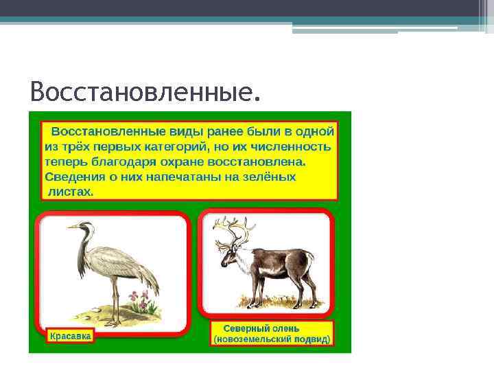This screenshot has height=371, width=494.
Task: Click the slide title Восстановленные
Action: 145,91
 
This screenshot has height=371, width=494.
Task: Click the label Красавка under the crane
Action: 69,337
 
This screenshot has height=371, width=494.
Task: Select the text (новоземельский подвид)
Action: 272,339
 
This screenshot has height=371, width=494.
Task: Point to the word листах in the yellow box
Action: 71,192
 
